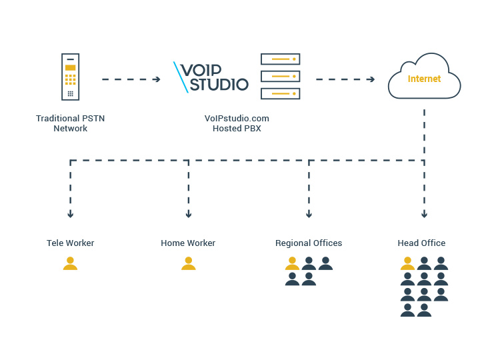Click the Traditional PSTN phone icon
coord(70,77)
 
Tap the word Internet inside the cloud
coord(424,79)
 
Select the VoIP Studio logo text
coord(211,77)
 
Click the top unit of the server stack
coord(280,59)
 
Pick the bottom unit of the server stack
coord(280,93)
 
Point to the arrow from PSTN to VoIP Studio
coord(131,79)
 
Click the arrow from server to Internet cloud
coord(345,79)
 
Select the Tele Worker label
coord(70,243)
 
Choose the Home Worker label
coord(188,243)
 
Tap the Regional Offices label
coord(309,243)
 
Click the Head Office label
coord(421,243)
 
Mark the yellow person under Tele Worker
coord(70,264)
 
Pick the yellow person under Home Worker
coord(188,264)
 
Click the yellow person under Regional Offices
coord(292,264)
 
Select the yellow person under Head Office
coord(407,264)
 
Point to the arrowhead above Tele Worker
coord(70,215)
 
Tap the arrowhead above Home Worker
coord(189,215)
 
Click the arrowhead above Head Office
coord(424,215)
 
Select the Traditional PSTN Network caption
coord(70,123)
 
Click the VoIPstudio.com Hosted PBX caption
coord(237,123)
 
